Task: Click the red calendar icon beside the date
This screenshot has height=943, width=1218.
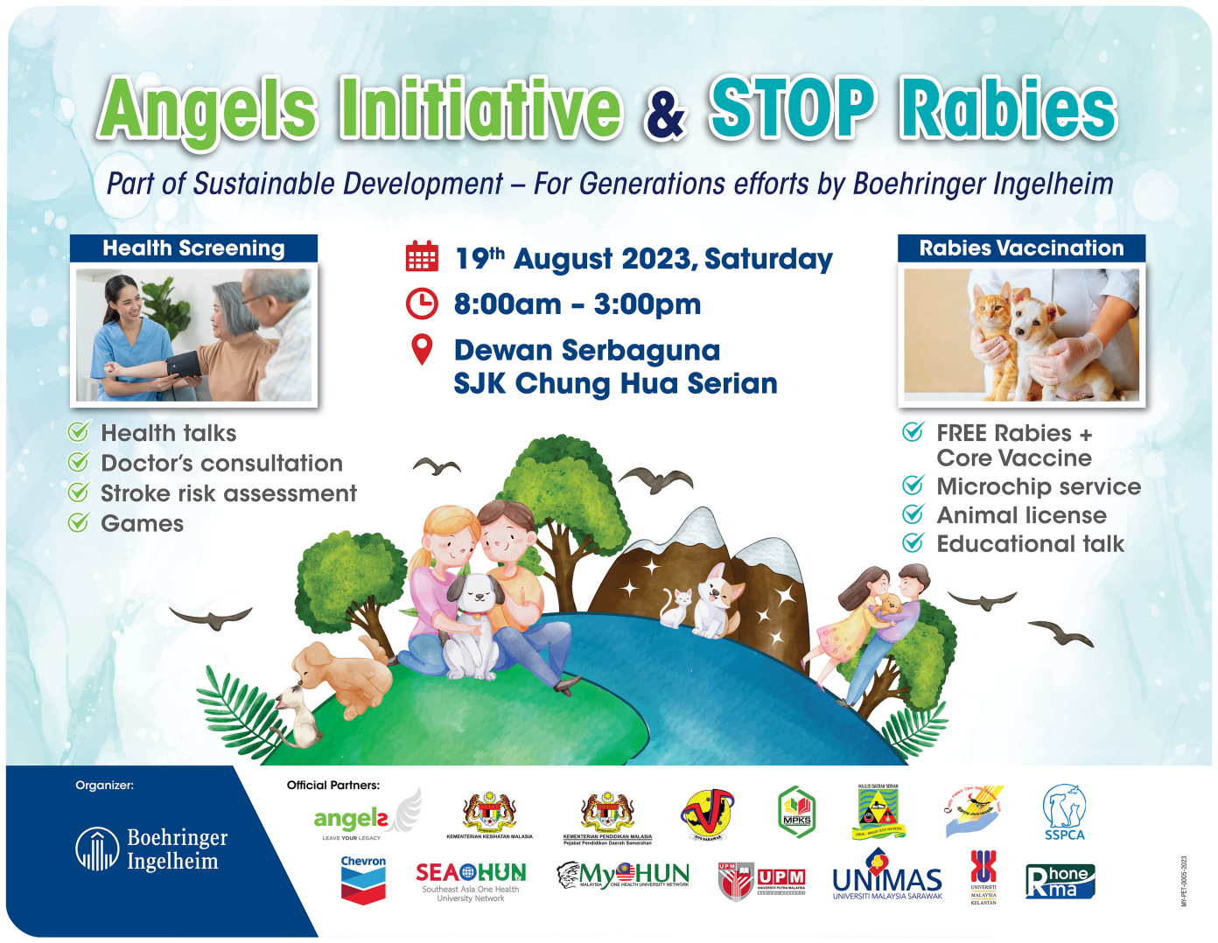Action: tap(422, 257)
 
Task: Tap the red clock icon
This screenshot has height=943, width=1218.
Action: tap(422, 304)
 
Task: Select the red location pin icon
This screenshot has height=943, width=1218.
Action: tap(422, 350)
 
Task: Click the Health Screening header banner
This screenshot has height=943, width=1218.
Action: tap(193, 248)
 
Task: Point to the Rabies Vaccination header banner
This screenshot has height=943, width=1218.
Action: tap(1021, 248)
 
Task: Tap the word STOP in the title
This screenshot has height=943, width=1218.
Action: tap(791, 109)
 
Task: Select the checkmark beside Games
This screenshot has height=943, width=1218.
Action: tap(79, 523)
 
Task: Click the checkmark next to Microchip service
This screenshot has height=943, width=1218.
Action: tap(913, 485)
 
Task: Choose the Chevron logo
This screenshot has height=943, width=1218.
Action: tap(363, 880)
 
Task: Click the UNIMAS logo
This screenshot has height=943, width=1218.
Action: tap(887, 881)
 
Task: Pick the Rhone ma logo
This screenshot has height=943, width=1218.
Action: tap(1060, 881)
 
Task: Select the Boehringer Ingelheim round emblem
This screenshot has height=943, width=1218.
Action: tap(96, 849)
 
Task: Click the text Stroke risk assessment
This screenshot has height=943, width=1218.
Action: tap(228, 493)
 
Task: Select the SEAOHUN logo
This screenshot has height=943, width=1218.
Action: tap(471, 880)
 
